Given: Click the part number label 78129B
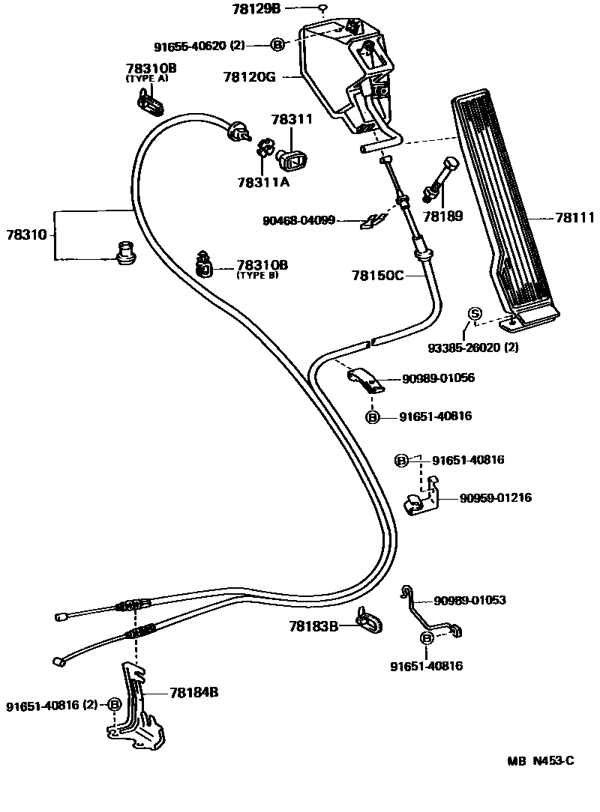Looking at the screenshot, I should click(x=259, y=8).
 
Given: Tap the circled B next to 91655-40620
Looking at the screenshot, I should click(x=277, y=45).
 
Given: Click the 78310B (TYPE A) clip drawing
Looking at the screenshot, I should click(x=150, y=103).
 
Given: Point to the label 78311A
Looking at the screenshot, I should click(x=264, y=181).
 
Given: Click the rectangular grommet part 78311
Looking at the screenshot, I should click(x=295, y=157).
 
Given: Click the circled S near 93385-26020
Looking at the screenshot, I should click(x=474, y=314).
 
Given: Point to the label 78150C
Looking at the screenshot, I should click(x=377, y=275).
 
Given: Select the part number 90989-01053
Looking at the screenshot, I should click(x=469, y=600).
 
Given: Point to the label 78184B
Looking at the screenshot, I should click(x=193, y=693).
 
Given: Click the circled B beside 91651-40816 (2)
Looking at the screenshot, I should click(x=115, y=704).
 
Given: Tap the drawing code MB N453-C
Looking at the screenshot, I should click(x=540, y=761).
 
